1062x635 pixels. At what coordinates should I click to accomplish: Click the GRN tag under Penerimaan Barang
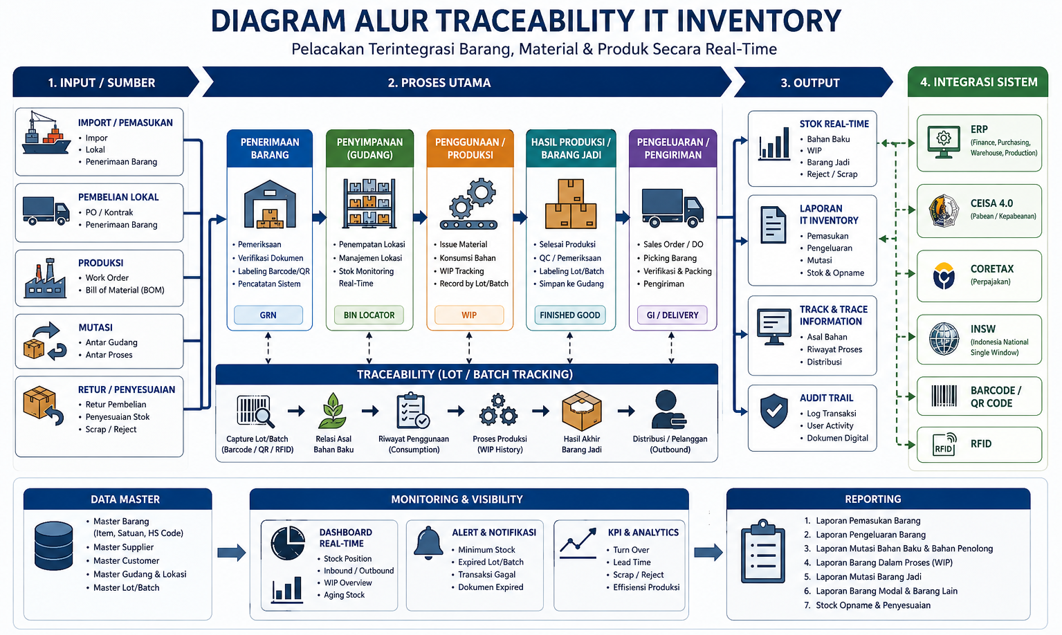268,315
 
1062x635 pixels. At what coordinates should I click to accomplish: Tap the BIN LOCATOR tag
369,315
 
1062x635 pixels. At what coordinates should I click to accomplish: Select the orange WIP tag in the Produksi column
469,315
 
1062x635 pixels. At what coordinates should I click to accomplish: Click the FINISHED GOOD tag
570,315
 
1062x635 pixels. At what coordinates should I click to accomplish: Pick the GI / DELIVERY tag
672,315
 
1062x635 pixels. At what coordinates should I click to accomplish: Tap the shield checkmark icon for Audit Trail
773,411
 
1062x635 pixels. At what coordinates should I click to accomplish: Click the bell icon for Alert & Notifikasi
428,543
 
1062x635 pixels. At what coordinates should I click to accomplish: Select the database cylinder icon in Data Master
53,546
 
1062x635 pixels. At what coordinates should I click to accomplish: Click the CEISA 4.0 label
991,203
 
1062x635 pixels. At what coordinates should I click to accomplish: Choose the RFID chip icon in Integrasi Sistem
944,445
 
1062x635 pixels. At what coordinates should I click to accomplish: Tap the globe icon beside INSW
944,339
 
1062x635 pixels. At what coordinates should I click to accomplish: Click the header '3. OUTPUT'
809,83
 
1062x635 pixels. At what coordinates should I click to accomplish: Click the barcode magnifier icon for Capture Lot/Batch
255,411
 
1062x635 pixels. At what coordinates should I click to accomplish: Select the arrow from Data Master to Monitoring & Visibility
231,553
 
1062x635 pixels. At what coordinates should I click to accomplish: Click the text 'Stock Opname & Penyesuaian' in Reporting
873,605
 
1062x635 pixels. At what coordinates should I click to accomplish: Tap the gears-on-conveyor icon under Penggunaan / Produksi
468,204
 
